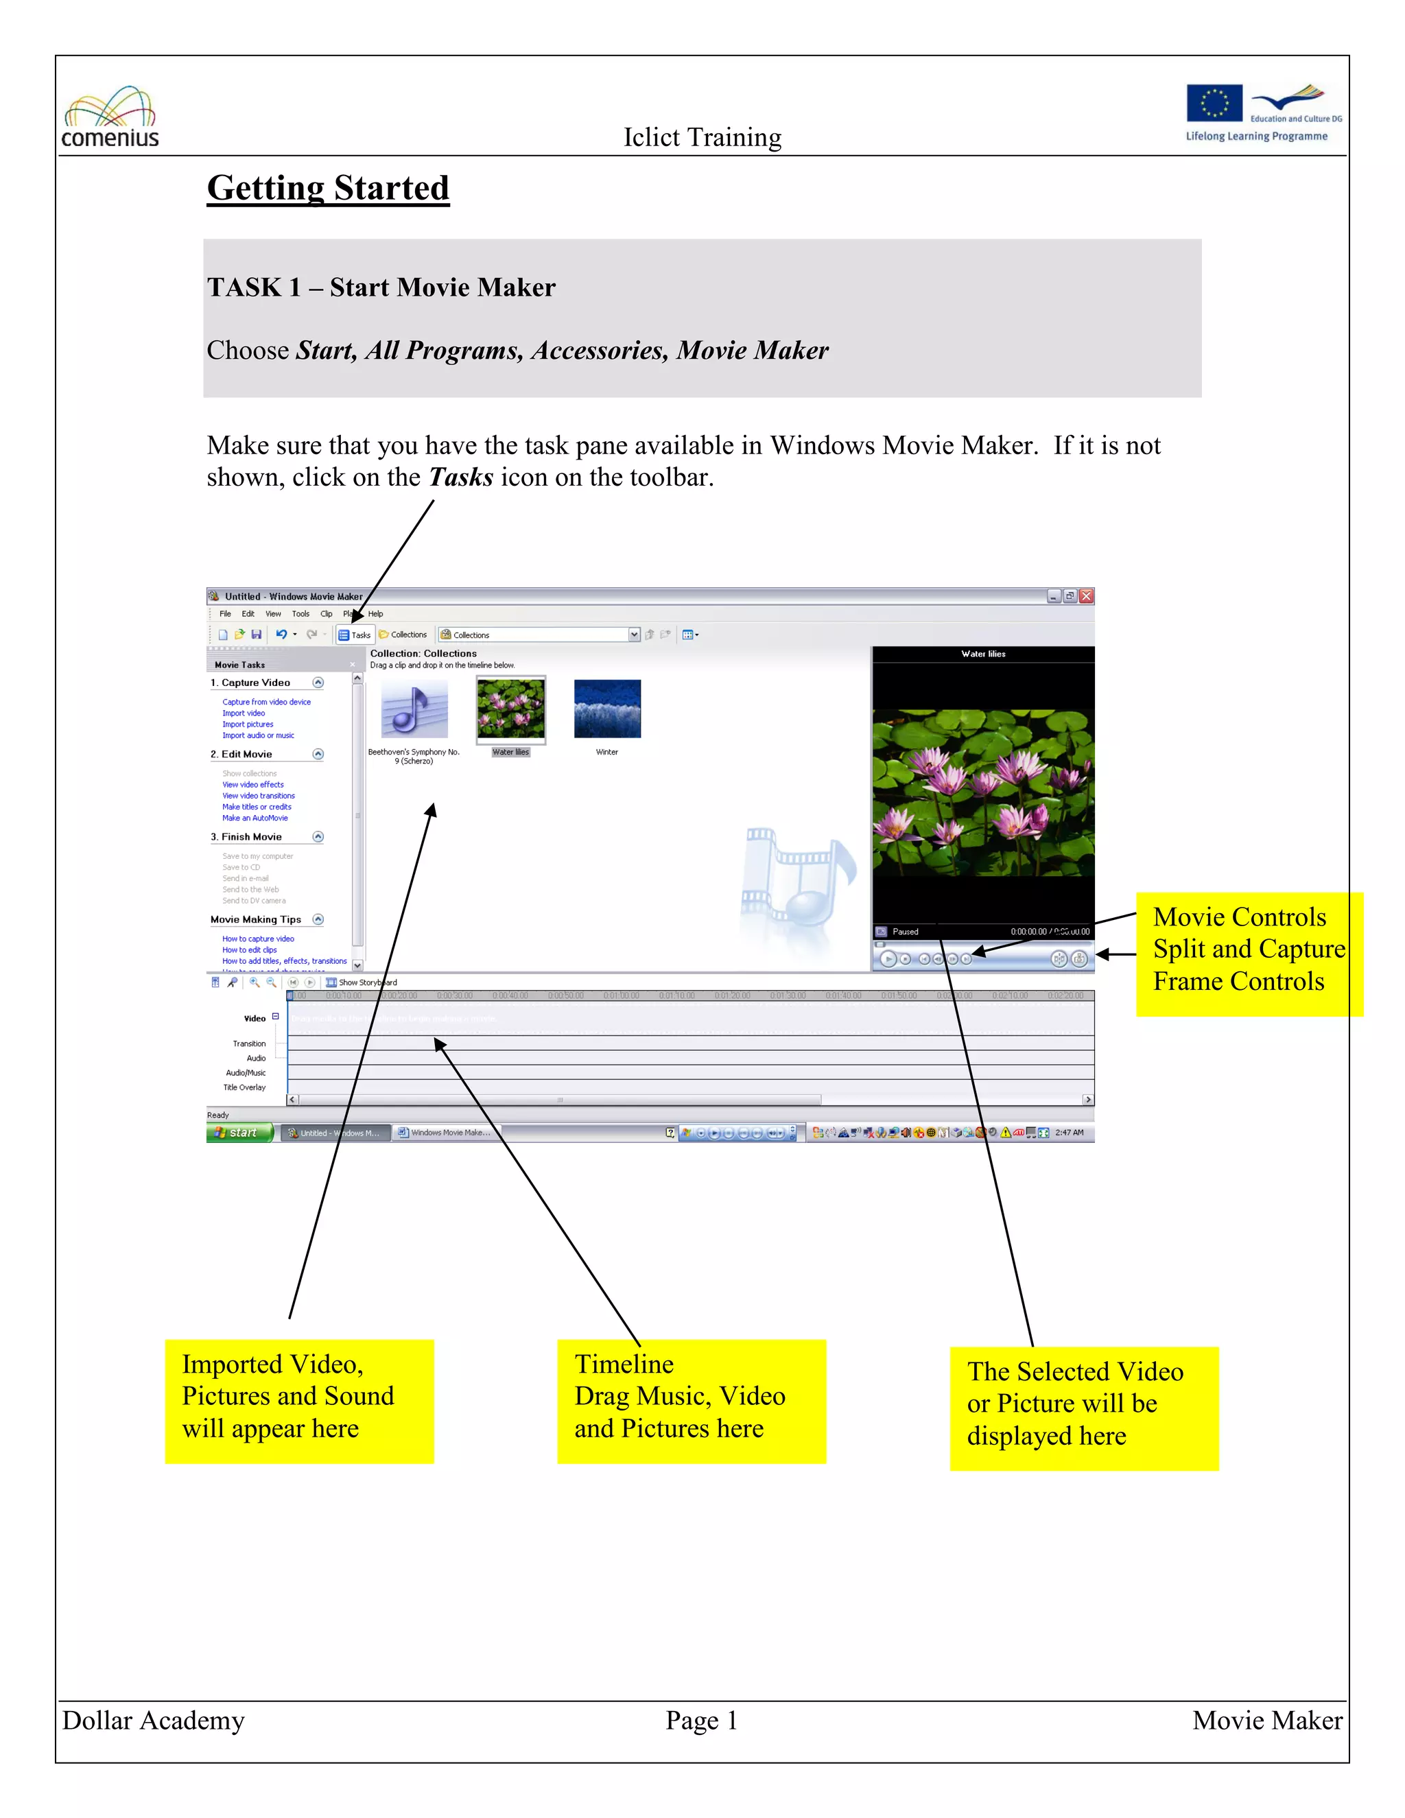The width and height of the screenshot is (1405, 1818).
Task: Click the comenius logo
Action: tap(110, 118)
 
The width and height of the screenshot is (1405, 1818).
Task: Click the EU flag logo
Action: tap(1214, 103)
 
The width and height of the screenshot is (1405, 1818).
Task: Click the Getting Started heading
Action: tap(328, 188)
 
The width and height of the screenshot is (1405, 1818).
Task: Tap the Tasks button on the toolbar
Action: tap(355, 635)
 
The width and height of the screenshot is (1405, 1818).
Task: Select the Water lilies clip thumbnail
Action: tap(510, 709)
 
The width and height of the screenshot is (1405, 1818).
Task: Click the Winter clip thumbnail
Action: tap(606, 709)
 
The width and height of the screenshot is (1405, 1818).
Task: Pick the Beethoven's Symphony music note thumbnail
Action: tap(414, 709)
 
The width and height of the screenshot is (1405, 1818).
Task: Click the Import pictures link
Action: tap(247, 724)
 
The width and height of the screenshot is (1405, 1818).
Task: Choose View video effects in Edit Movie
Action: tap(252, 785)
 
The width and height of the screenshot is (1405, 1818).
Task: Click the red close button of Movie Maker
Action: tap(1086, 596)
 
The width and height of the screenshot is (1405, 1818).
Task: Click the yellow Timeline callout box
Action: tap(691, 1401)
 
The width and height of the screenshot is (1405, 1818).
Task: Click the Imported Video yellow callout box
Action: tap(299, 1401)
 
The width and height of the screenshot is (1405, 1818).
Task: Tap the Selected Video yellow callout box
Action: tap(1084, 1408)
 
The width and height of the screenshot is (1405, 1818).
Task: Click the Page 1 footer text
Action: tap(701, 1721)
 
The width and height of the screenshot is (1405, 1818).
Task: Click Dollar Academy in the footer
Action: tap(153, 1721)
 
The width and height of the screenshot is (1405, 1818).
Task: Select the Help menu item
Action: tap(375, 614)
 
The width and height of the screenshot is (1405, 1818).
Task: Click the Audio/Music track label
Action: tap(246, 1073)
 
